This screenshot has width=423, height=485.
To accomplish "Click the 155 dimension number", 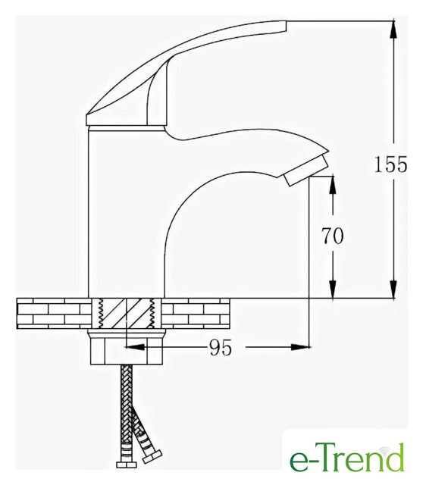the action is [x=390, y=164].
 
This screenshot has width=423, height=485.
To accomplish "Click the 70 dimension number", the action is [x=332, y=236].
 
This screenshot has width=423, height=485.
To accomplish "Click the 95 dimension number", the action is [x=221, y=348].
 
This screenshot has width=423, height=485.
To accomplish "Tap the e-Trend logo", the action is [x=346, y=457].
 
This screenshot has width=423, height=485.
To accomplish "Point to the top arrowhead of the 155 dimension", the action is [x=393, y=29].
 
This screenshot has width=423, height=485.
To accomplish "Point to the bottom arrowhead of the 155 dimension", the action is [x=393, y=289].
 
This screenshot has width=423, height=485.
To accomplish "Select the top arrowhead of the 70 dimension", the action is [x=333, y=185].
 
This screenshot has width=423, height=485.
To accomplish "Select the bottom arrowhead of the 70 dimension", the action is [x=333, y=289].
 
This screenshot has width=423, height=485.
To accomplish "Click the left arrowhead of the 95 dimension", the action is [x=135, y=347].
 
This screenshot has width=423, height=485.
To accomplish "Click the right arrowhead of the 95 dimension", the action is [x=300, y=347].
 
